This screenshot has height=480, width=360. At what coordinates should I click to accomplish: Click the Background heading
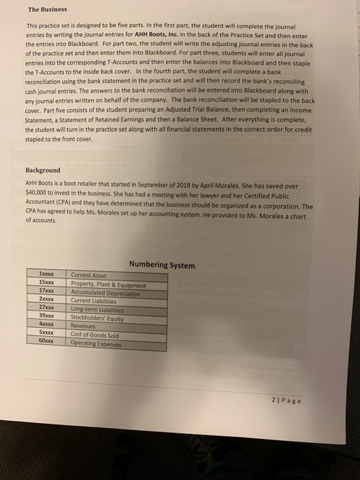[x=43, y=170]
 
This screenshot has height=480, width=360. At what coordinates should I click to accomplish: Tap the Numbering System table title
[x=161, y=265]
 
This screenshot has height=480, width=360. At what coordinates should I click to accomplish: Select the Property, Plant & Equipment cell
[x=108, y=285]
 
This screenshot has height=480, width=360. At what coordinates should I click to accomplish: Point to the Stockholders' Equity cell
[x=97, y=319]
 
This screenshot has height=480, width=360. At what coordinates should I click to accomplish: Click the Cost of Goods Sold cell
[x=95, y=336]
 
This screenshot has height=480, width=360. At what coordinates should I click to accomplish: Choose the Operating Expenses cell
[x=97, y=344]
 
